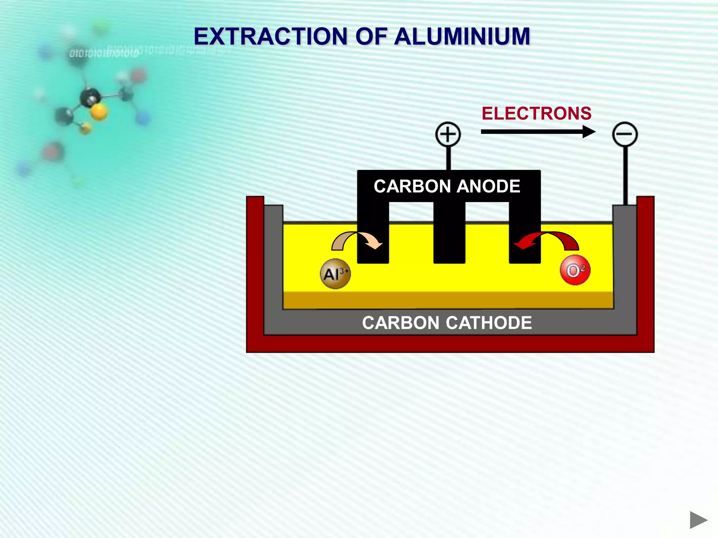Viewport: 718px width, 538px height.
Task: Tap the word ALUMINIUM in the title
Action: (x=462, y=36)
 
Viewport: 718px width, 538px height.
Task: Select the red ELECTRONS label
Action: (x=536, y=113)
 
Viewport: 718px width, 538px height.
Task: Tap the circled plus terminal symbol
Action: (x=448, y=134)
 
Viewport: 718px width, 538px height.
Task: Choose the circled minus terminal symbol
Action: (x=625, y=134)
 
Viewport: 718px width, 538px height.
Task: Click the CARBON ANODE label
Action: (x=447, y=186)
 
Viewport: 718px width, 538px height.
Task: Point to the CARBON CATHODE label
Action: (x=447, y=323)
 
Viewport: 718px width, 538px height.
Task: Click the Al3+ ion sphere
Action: (x=335, y=274)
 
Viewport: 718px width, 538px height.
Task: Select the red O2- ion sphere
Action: (x=575, y=270)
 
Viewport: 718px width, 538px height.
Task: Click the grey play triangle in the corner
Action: (x=698, y=520)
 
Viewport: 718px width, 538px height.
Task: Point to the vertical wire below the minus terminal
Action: (x=625, y=175)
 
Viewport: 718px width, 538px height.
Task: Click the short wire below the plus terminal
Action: (x=448, y=158)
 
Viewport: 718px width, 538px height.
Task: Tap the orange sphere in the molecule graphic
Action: (x=99, y=112)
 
